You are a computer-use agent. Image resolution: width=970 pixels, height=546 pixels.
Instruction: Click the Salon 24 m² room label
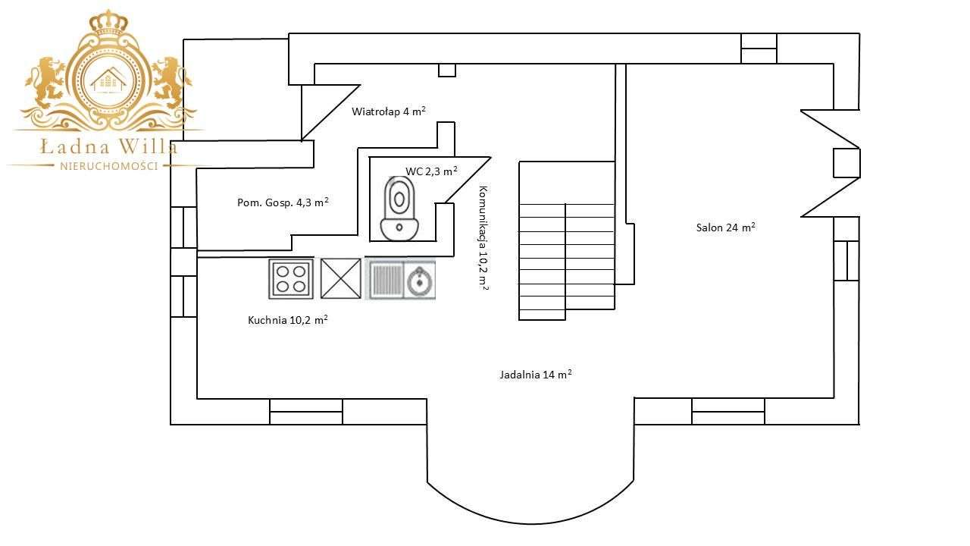pos(725,227)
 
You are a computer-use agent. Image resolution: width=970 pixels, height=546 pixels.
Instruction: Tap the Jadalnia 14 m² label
pos(535,374)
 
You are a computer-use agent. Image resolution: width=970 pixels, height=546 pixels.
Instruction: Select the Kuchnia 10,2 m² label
pos(287,320)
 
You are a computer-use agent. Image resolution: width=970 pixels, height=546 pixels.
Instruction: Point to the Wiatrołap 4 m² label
pos(388,111)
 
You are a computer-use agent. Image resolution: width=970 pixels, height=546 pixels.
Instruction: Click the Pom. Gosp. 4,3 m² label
pos(283,202)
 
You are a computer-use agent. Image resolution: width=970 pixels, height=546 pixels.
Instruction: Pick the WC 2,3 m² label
pos(430,171)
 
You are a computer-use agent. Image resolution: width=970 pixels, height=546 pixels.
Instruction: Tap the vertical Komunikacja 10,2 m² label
pos(482,238)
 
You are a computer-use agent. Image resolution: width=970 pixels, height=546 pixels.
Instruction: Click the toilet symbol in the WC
pos(399,208)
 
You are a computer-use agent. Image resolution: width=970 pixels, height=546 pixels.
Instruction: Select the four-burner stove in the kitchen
pos(291,278)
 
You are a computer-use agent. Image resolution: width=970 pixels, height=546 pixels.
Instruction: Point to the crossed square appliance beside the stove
pos(340,278)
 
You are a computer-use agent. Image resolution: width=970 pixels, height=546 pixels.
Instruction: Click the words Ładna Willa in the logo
pos(109,146)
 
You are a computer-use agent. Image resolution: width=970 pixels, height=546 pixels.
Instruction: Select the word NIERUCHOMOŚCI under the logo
pos(108,166)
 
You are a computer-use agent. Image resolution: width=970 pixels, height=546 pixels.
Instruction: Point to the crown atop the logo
pos(108,23)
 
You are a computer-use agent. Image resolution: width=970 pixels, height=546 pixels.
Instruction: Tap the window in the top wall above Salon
pos(759,49)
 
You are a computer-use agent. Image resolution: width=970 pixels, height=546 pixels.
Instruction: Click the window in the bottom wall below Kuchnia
pos(306,412)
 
